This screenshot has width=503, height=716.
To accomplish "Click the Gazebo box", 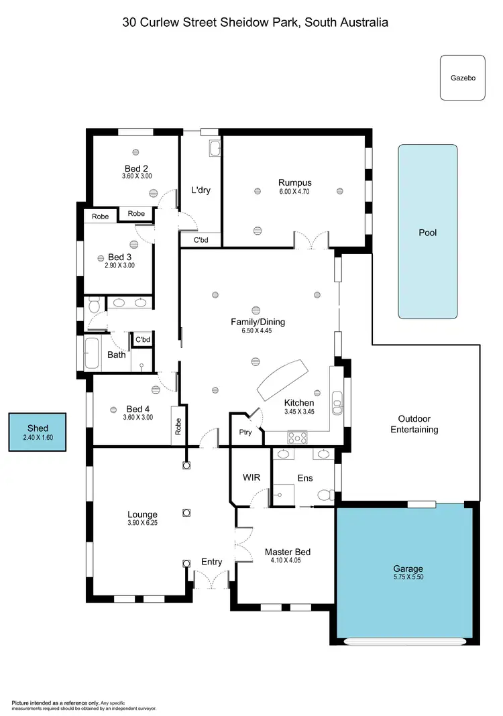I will tap(462, 78).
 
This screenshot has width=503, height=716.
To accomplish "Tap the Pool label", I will tap(427, 233).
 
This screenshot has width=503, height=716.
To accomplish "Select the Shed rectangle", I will tap(38, 432).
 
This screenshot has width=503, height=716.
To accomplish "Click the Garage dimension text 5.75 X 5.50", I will tap(408, 577).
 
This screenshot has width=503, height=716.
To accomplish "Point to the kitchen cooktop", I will tap(297, 437).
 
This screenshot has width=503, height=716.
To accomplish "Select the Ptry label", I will tap(245, 432).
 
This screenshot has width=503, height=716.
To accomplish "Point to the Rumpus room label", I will tap(295, 182).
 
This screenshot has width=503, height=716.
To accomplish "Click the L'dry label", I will tap(201, 190).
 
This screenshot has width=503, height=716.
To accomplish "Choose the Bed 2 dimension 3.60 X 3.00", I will tap(137, 176).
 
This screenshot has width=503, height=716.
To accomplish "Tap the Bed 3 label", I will tap(119, 257).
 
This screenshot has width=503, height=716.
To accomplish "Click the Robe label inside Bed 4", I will tap(178, 427).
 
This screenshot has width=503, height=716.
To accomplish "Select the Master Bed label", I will tap(288, 552).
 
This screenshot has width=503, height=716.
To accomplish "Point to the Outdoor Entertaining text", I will tap(414, 424).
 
